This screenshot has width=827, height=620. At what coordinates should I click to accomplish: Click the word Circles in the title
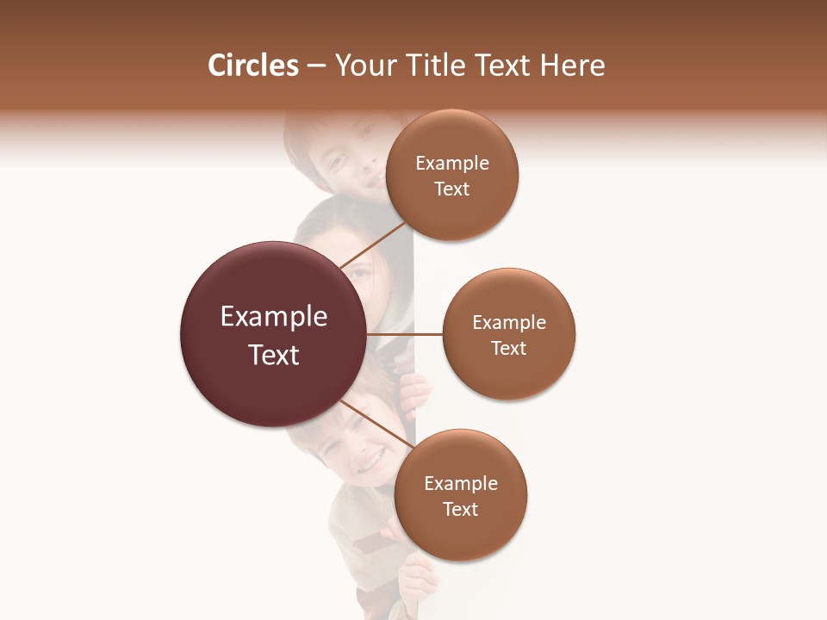pyautogui.click(x=252, y=65)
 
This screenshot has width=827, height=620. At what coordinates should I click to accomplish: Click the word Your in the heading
pyautogui.click(x=366, y=65)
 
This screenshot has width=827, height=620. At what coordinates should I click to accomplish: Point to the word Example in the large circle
pyautogui.click(x=274, y=317)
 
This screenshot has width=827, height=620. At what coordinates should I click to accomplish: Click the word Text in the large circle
pyautogui.click(x=274, y=355)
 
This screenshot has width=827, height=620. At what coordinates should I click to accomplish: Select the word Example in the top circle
pyautogui.click(x=452, y=164)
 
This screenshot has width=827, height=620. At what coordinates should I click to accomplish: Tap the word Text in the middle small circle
pyautogui.click(x=509, y=348)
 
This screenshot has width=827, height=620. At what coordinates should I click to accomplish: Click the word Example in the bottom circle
pyautogui.click(x=461, y=484)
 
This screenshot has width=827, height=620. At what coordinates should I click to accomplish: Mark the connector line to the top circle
pyautogui.click(x=372, y=246)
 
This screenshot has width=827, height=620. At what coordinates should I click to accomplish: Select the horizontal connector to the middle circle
pyautogui.click(x=405, y=334)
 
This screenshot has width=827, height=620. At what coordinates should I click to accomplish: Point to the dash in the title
pyautogui.click(x=316, y=66)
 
